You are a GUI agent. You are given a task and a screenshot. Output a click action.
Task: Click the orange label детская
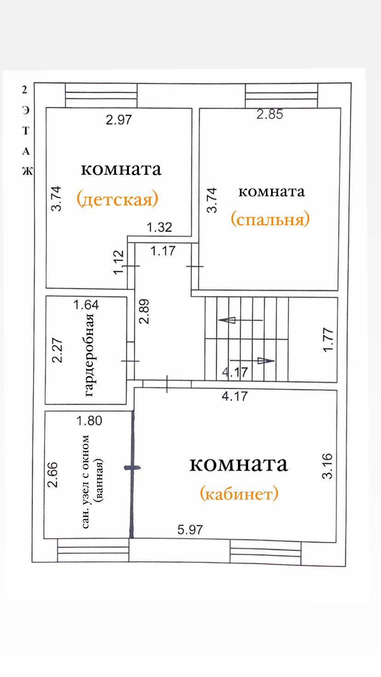[x=117, y=199]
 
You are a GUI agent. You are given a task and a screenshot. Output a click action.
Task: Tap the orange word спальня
[x=270, y=219]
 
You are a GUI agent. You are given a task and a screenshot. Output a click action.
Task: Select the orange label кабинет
[x=239, y=493]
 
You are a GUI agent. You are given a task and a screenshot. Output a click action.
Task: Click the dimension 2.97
[x=119, y=120]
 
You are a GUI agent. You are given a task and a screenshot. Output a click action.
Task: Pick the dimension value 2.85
[x=270, y=115]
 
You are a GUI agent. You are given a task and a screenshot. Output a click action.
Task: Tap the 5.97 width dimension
[x=190, y=530]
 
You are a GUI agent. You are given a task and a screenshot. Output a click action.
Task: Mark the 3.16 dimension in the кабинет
[x=327, y=466]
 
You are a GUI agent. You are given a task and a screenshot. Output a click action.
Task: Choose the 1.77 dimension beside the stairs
[x=328, y=339]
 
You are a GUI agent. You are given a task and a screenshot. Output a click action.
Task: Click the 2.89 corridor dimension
[x=144, y=311]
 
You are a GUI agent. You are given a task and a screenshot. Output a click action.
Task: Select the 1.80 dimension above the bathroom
[x=89, y=420]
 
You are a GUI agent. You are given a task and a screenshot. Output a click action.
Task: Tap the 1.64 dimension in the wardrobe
[x=86, y=304]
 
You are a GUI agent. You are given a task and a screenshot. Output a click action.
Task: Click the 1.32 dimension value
[x=159, y=227]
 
